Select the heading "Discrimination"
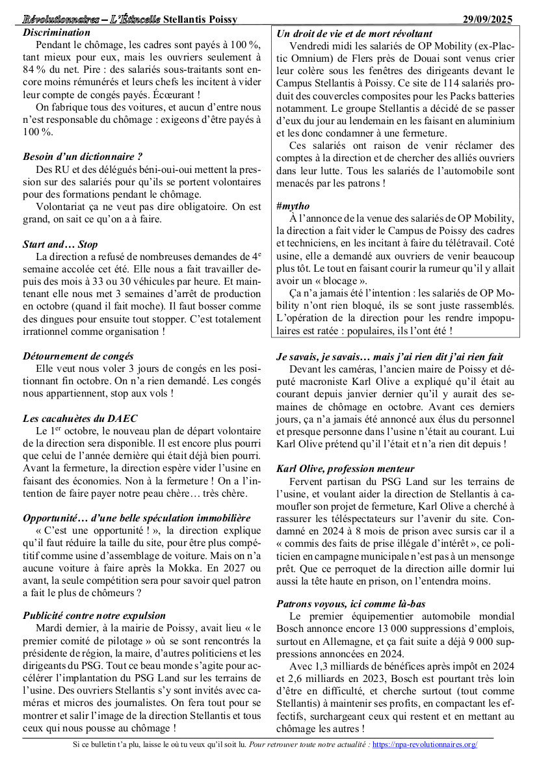(57, 32)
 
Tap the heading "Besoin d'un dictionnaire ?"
(83, 156)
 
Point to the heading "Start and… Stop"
(60, 244)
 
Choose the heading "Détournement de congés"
(78, 356)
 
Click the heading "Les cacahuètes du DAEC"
(80, 418)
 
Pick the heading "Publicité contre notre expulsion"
(94, 614)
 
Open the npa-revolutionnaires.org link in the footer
(425, 744)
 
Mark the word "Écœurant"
(174, 94)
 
